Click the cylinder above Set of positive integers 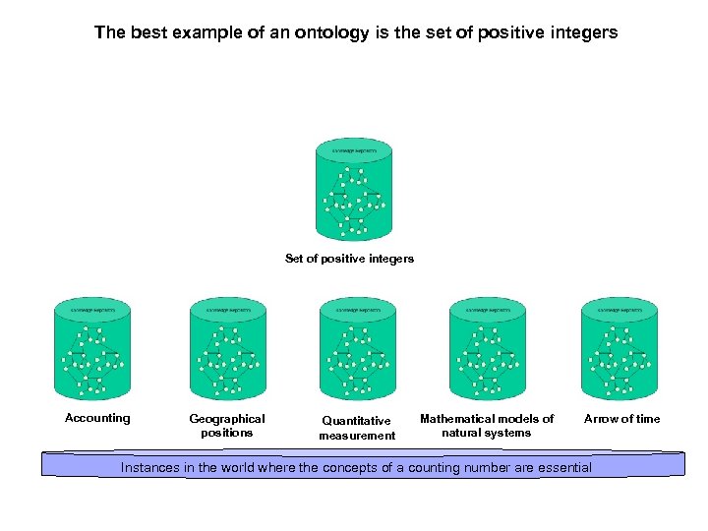354,189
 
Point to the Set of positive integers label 349,259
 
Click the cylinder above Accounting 92,348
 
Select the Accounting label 97,418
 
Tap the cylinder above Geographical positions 227,348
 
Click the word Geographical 227,418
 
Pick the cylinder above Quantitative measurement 357,348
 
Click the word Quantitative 356,421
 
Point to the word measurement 356,436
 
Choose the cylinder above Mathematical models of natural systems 488,348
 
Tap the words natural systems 487,433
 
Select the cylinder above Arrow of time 619,348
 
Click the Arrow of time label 622,418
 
